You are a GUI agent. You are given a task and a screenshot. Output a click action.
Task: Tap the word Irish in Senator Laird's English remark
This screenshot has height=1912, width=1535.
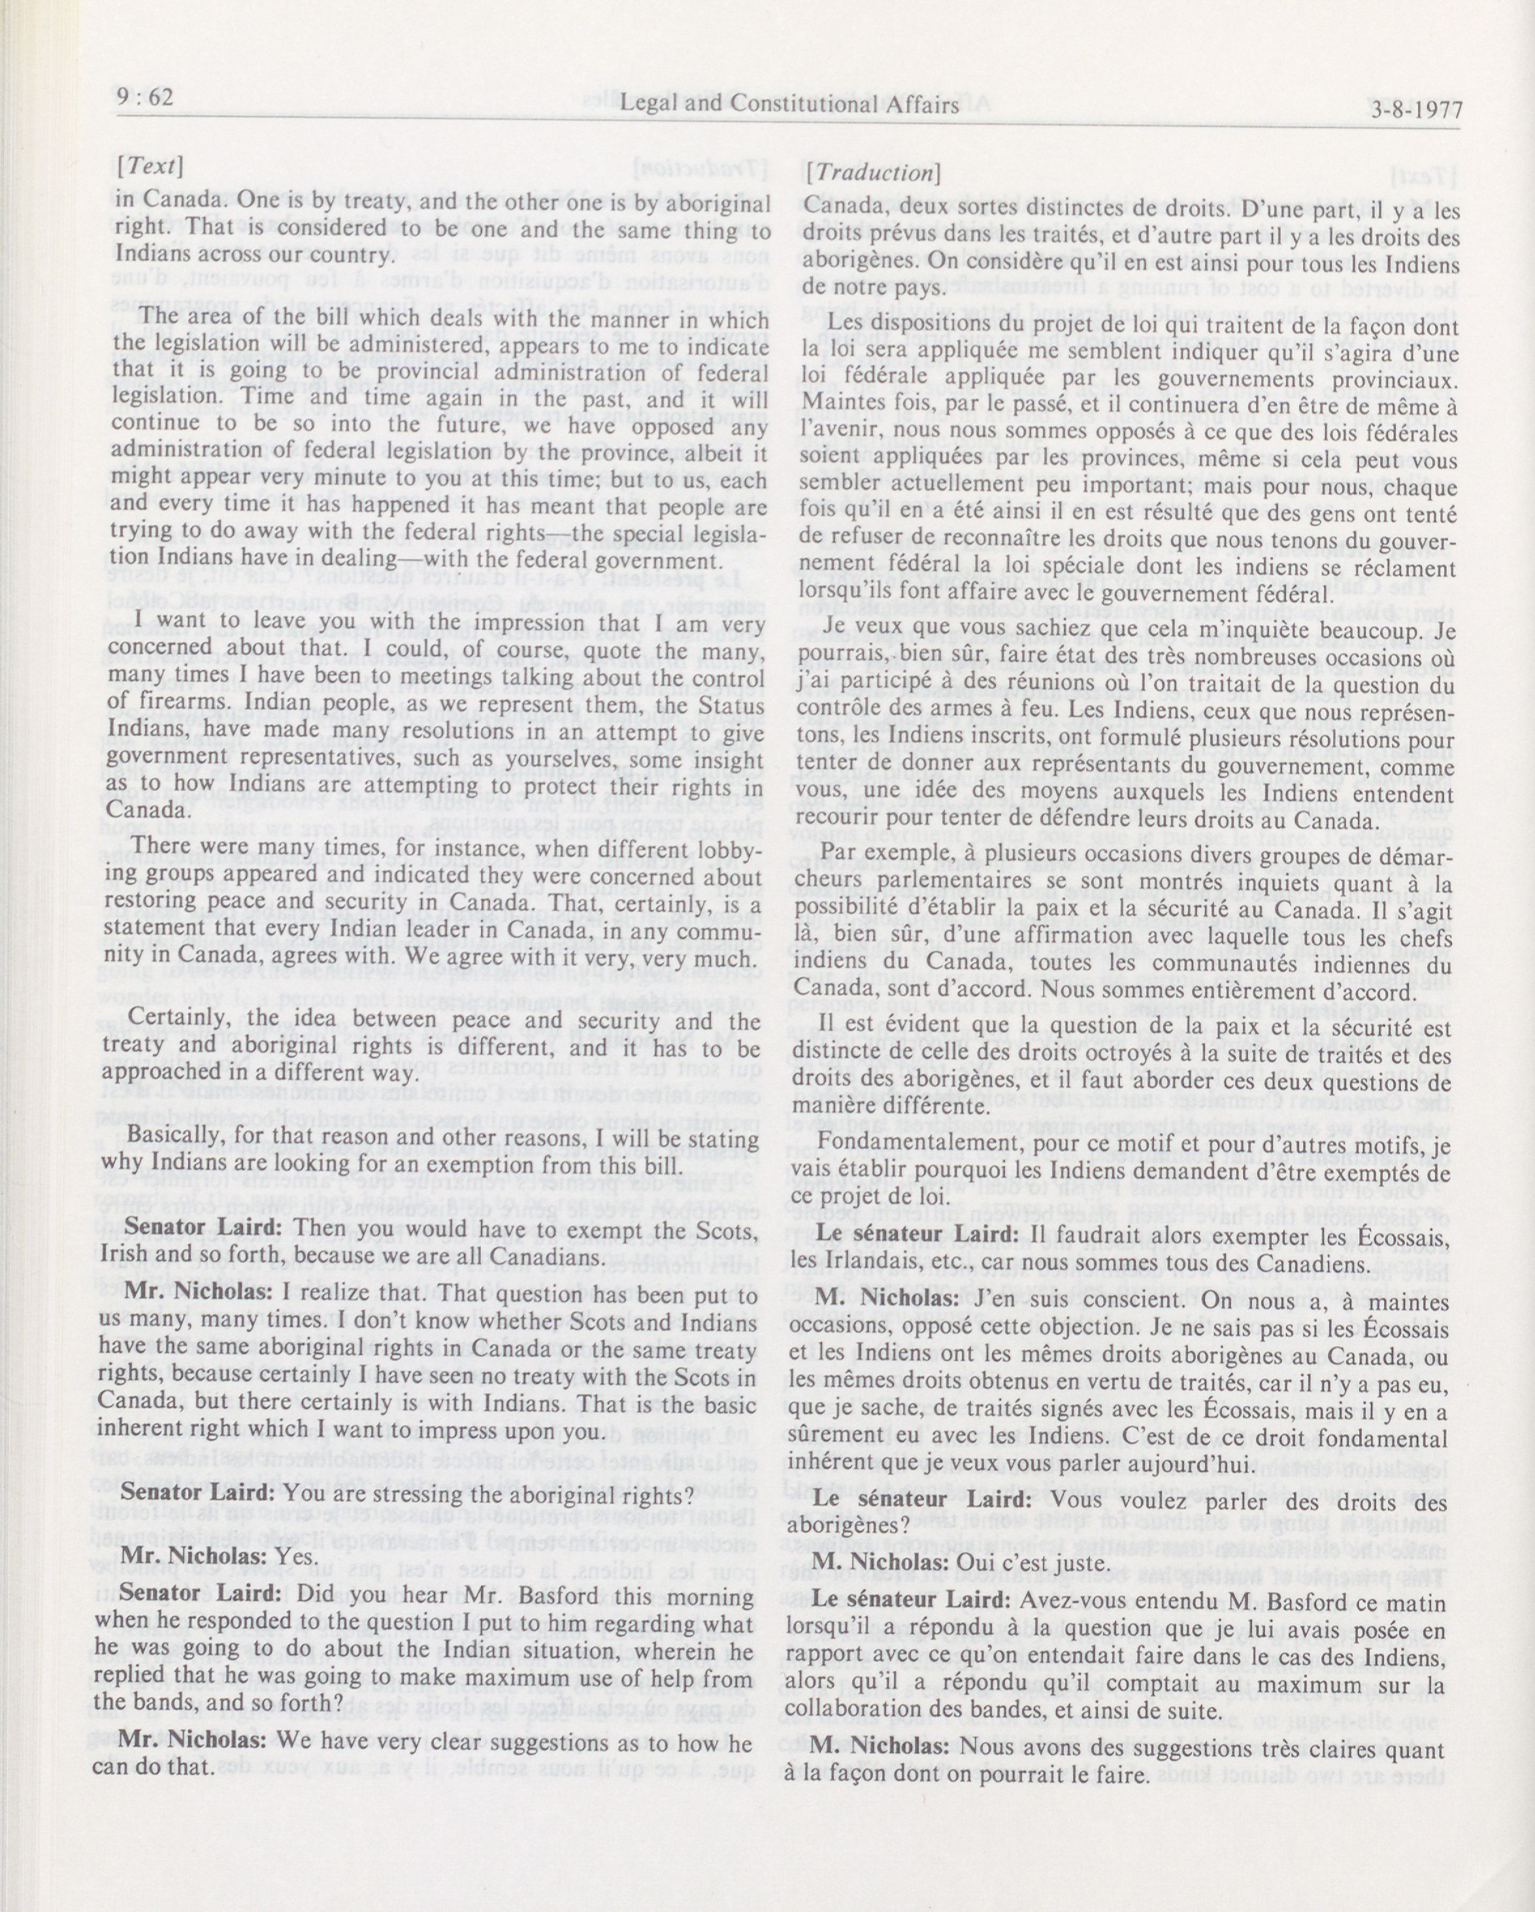(122, 1255)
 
